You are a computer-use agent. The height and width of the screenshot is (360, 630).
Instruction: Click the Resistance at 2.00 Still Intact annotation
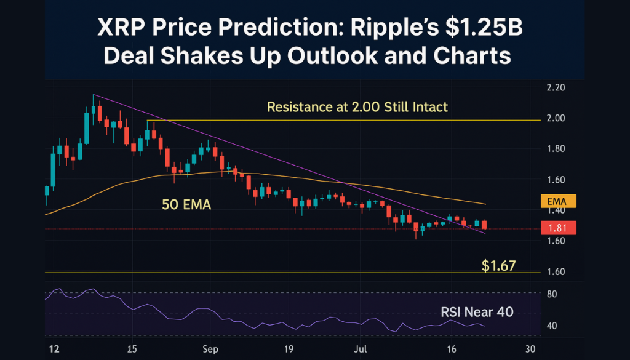357,107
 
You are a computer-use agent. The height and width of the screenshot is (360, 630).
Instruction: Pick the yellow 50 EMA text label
186,205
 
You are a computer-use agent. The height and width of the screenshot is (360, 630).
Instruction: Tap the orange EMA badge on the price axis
558,201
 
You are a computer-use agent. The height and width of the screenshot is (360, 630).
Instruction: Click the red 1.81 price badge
558,228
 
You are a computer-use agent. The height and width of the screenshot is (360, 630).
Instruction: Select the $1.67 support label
498,266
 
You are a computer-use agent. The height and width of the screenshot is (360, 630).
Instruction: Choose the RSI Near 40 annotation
477,312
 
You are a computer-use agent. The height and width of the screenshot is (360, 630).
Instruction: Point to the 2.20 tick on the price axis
555,88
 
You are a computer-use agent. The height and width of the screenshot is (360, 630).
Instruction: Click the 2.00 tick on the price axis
555,118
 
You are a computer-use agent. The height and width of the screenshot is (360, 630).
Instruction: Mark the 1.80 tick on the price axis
555,149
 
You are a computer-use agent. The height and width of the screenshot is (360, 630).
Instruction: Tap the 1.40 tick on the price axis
555,210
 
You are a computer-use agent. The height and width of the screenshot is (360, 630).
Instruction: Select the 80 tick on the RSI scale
552,294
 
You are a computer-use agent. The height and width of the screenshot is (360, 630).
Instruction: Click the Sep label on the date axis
210,348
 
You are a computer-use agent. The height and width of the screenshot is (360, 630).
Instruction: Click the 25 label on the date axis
130,348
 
